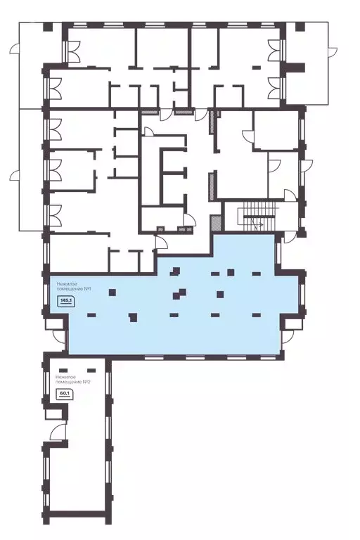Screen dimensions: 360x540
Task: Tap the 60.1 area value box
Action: [x=63, y=394]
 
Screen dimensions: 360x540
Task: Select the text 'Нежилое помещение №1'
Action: [x=74, y=287]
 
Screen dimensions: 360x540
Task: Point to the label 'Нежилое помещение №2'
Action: [x=73, y=380]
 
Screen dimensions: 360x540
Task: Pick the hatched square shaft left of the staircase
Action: [x=216, y=223]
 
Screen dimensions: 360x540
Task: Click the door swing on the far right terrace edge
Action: [x=332, y=52]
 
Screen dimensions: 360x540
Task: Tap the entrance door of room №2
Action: [x=58, y=432]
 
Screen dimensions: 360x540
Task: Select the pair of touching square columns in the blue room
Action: [x=179, y=294]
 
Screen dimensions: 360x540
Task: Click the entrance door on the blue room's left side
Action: [x=60, y=337]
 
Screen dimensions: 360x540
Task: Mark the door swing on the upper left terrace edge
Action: [x=15, y=50]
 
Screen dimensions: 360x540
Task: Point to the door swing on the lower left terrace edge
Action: [x=15, y=176]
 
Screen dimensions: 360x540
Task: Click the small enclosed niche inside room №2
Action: [x=54, y=413]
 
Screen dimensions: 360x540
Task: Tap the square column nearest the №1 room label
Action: [x=112, y=292]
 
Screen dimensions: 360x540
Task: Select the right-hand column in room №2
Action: [x=91, y=371]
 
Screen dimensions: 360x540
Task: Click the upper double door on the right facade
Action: [x=276, y=50]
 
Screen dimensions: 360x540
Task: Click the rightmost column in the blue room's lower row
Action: [x=257, y=315]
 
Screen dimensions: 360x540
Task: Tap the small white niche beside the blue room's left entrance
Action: [x=53, y=323]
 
